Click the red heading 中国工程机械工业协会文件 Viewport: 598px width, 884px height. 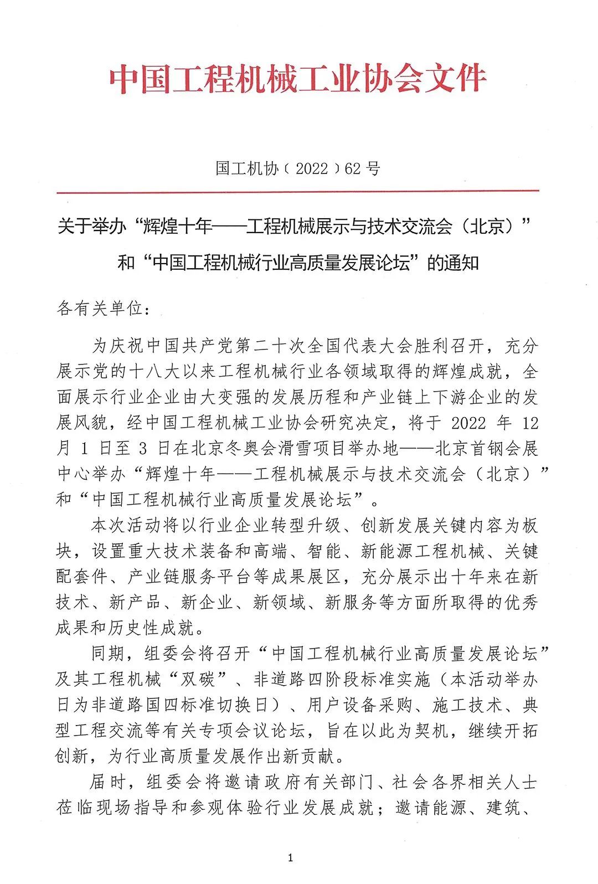point(298,79)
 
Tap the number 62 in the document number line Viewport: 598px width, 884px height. point(353,168)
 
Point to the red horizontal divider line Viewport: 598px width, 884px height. point(298,191)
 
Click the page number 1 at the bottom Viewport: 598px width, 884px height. point(290,859)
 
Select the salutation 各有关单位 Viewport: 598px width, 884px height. point(100,309)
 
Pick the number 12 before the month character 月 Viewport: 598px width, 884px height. point(530,423)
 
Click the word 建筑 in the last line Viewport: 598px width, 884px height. point(503,808)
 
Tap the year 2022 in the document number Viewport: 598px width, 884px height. point(312,168)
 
